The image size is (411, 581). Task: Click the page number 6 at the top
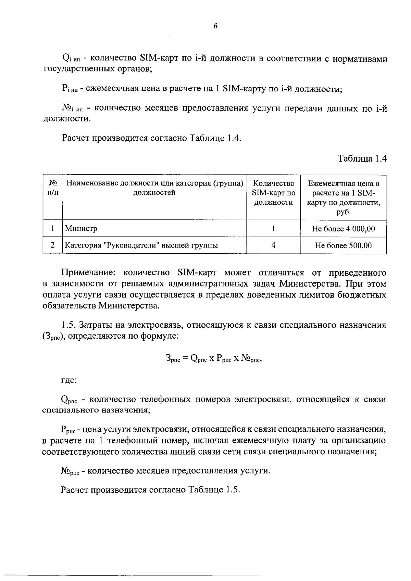215,26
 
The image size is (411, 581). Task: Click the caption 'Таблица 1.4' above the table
362,159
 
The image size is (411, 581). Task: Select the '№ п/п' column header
53,188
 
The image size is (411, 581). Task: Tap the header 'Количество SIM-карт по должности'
273,192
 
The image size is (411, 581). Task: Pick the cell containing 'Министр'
81,228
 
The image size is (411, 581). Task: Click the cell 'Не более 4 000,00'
343,228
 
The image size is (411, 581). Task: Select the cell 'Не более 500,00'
343,245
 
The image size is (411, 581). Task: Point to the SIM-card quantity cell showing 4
273,245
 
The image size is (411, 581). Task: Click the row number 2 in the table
53,245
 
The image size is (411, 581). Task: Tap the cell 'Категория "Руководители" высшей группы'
141,245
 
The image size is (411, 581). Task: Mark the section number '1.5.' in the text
70,325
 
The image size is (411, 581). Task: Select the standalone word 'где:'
69,380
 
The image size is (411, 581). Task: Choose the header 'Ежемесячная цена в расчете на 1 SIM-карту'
343,198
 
